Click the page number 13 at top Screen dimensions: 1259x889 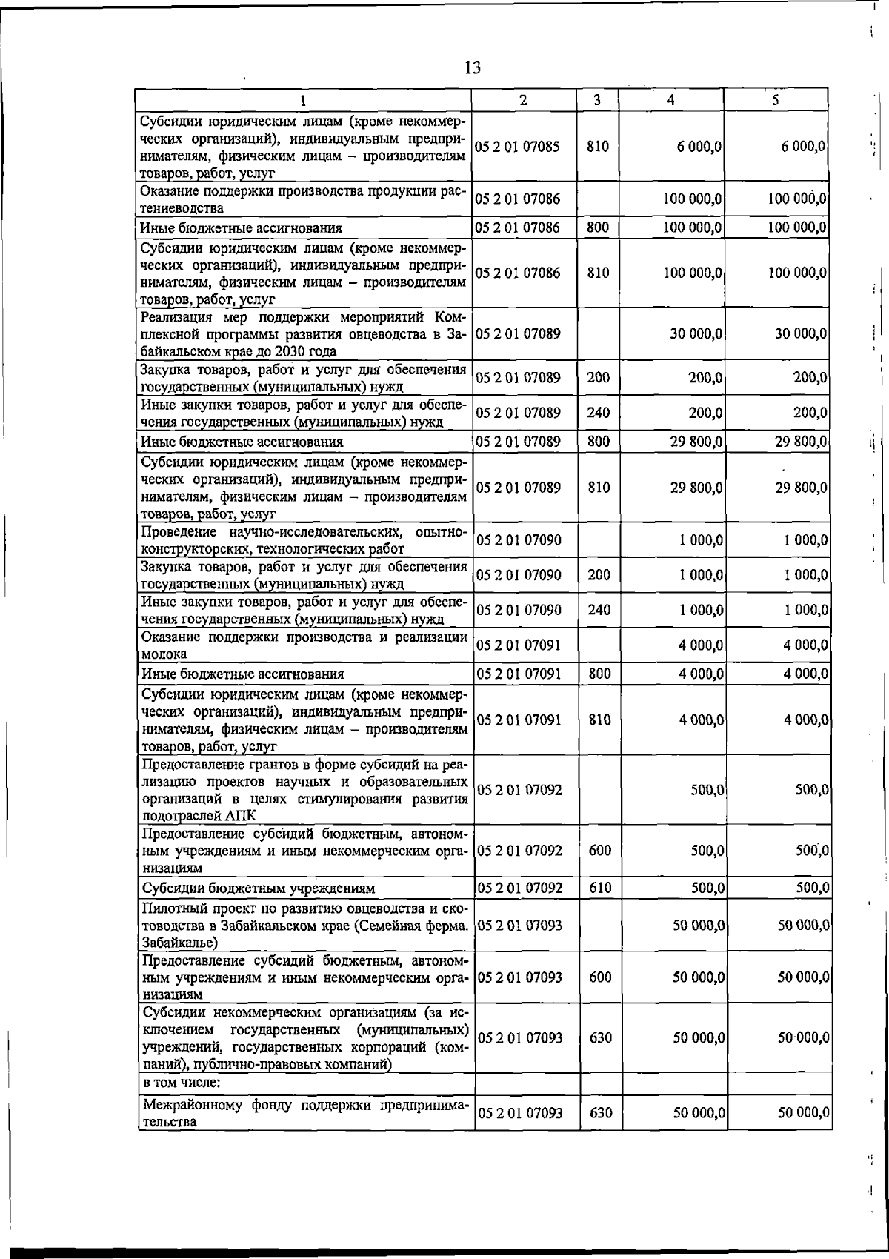(x=473, y=68)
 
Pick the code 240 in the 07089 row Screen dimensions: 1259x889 (x=599, y=413)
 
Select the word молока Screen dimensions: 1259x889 (x=164, y=654)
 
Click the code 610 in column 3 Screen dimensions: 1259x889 (x=599, y=888)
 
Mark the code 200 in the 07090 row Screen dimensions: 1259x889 (x=599, y=575)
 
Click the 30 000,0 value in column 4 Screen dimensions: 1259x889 (x=696, y=334)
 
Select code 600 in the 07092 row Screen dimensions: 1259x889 (x=599, y=851)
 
